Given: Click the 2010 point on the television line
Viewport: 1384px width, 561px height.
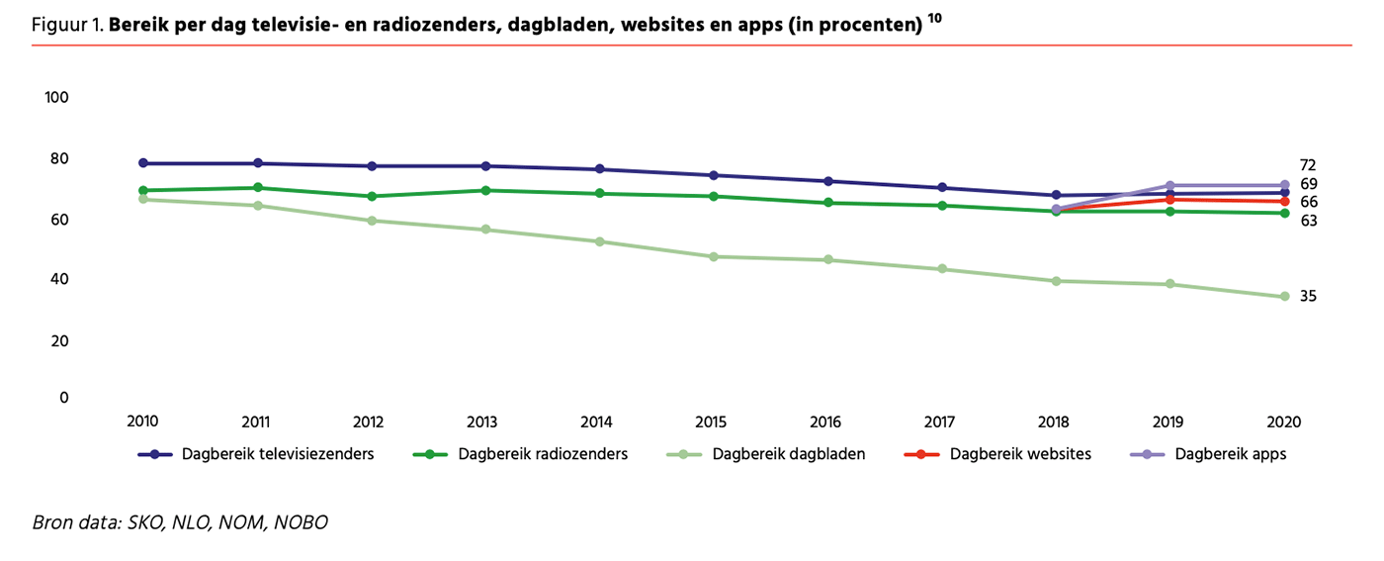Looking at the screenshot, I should (143, 163).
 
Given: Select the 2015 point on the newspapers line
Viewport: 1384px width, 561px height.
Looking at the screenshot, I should (713, 257).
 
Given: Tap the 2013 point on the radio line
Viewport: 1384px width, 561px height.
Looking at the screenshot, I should (485, 191).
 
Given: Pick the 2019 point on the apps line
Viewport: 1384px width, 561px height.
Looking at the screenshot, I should (1170, 186).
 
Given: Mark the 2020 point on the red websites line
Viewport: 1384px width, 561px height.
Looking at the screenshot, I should (1285, 202).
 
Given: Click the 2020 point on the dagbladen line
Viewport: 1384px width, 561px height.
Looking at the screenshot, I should (1285, 297).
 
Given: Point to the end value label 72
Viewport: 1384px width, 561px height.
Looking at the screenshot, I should (1308, 165).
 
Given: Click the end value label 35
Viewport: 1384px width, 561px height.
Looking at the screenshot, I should (1308, 297).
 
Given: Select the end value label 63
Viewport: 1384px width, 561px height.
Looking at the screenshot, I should (1308, 221).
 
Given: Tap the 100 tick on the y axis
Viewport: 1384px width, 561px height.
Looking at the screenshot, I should (56, 97).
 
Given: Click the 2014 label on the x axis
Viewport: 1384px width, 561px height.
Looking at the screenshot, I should (596, 421).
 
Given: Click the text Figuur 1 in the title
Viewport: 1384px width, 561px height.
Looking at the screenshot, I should (66, 26).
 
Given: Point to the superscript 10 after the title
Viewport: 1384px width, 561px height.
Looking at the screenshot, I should (935, 19).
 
